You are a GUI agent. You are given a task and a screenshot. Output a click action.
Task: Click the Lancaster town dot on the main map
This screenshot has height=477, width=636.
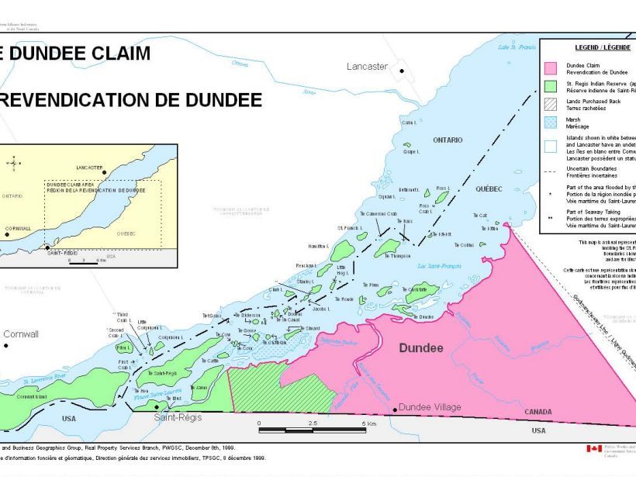point(402,71)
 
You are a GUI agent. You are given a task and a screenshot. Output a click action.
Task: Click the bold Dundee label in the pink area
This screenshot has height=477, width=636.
point(420,348)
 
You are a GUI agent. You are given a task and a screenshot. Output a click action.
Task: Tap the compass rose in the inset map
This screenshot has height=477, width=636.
point(13,163)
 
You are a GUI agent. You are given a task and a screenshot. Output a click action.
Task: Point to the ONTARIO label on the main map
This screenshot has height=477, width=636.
point(448,140)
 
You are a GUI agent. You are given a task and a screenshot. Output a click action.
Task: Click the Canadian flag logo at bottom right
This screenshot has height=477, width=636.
point(594,448)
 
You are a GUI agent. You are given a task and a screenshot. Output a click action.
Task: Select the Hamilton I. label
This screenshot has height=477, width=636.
point(319,245)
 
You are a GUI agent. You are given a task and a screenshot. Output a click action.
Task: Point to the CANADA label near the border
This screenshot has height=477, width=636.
point(539,411)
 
